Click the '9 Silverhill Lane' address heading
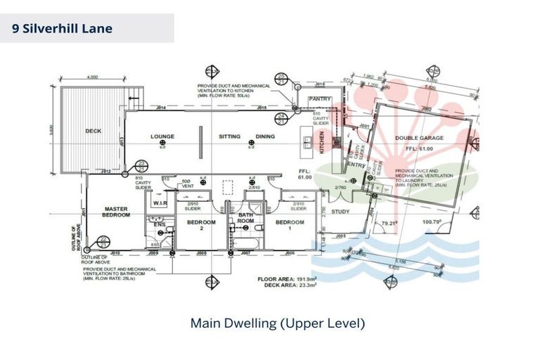(x=63, y=29)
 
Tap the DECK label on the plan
(x=93, y=131)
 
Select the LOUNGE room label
(x=162, y=136)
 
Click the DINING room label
(x=265, y=136)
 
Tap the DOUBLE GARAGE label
(x=419, y=138)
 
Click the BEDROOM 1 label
(x=289, y=225)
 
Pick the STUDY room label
(x=341, y=211)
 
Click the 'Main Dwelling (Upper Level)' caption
(x=277, y=324)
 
